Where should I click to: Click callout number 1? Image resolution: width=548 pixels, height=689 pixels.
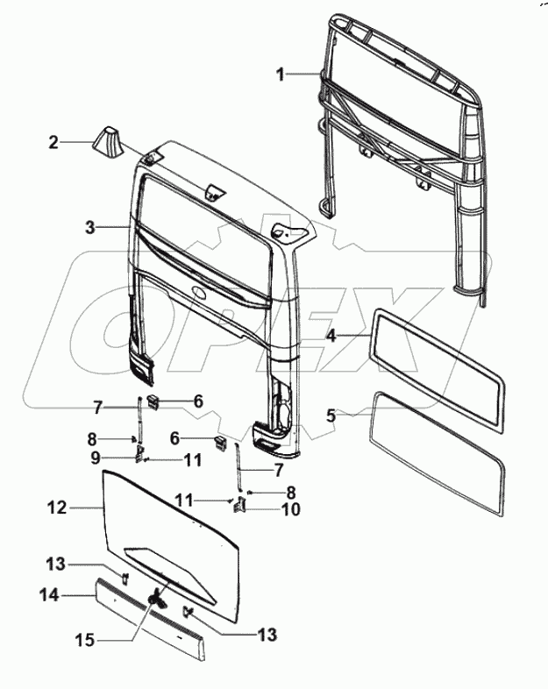pos(281,75)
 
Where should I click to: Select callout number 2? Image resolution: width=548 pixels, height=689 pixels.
pos(53,143)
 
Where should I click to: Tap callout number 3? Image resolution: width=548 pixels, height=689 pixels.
pos(90,227)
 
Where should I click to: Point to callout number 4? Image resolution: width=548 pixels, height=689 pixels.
pos(331,336)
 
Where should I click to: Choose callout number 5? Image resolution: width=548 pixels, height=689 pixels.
pos(331,416)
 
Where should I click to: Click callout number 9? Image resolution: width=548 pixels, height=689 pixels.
pos(96,458)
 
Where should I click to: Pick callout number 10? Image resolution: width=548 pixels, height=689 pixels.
pos(291,509)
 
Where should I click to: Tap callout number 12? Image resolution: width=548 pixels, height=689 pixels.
pos(57,508)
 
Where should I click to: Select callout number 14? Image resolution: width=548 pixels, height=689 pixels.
pos(49,595)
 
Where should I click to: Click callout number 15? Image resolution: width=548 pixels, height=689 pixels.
pos(85,640)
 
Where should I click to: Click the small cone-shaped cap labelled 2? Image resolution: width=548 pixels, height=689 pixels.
pos(108,140)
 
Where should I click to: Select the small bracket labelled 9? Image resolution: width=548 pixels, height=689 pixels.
pos(139,452)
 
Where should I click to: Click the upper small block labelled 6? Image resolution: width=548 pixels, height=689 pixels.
pos(153,401)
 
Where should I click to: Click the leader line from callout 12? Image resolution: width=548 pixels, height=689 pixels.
pos(86,508)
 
